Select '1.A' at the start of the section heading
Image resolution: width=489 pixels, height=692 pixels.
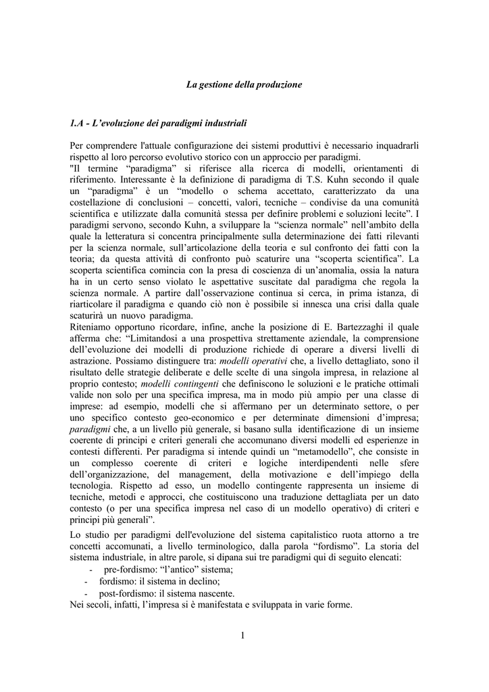(77, 124)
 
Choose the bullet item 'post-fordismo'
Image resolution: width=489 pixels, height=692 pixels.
(128, 593)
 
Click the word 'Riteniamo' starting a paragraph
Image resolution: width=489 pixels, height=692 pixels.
(93, 326)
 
